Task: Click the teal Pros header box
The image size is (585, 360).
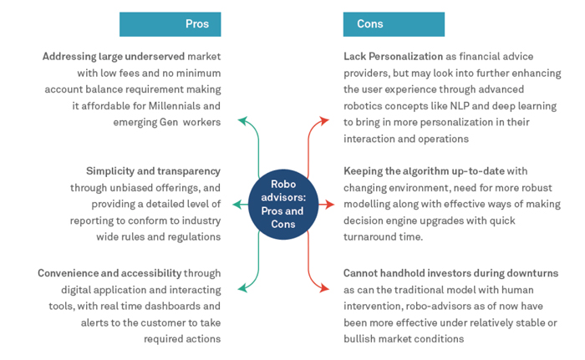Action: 170,24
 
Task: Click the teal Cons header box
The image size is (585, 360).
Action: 393,24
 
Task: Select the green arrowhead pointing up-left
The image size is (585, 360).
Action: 242,121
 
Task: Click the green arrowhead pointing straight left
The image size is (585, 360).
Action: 237,205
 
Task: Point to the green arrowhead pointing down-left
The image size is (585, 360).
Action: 242,289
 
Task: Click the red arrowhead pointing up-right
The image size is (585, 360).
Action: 326,121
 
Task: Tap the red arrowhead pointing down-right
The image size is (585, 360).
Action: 326,289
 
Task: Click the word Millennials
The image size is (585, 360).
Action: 189,107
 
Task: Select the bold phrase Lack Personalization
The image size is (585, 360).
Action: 393,57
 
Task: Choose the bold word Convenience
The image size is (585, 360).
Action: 74,273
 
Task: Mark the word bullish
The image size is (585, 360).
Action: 361,340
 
